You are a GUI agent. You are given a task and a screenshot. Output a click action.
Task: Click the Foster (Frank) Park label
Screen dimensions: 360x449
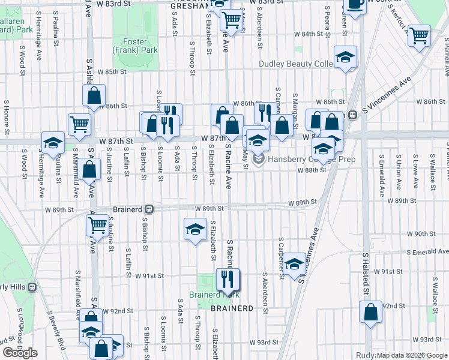pyautogui.click(x=136, y=46)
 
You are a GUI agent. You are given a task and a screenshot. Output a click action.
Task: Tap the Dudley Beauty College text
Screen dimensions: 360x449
pyautogui.click(x=296, y=64)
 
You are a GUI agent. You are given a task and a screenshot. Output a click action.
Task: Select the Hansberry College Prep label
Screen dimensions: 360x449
pyautogui.click(x=308, y=159)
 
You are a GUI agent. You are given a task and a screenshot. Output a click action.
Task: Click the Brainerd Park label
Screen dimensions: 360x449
pyautogui.click(x=214, y=295)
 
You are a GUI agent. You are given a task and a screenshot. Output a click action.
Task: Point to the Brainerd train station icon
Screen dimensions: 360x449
pyautogui.click(x=149, y=209)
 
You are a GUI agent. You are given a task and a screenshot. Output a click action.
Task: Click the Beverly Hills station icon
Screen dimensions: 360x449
pyautogui.click(x=32, y=287)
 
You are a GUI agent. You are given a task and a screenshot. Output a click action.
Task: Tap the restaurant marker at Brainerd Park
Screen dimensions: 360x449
pyautogui.click(x=227, y=278)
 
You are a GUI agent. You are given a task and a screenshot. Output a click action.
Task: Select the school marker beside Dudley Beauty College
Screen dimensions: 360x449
pyautogui.click(x=346, y=57)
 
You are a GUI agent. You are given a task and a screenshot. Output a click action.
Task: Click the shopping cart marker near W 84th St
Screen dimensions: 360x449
pyautogui.click(x=418, y=34)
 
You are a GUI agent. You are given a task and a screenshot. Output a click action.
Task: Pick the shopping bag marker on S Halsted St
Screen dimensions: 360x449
pyautogui.click(x=370, y=311)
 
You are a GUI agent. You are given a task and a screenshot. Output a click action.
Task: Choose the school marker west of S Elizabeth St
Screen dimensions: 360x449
pyautogui.click(x=194, y=230)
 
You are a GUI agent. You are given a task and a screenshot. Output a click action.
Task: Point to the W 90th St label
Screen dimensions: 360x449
pyautogui.click(x=420, y=233)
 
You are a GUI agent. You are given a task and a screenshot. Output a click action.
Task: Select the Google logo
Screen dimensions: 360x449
pyautogui.click(x=20, y=353)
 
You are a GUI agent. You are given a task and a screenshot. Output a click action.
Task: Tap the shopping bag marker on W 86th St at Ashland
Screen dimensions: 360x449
pyautogui.click(x=94, y=95)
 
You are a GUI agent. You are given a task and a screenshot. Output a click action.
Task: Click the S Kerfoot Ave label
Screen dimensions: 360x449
pyautogui.click(x=397, y=21)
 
